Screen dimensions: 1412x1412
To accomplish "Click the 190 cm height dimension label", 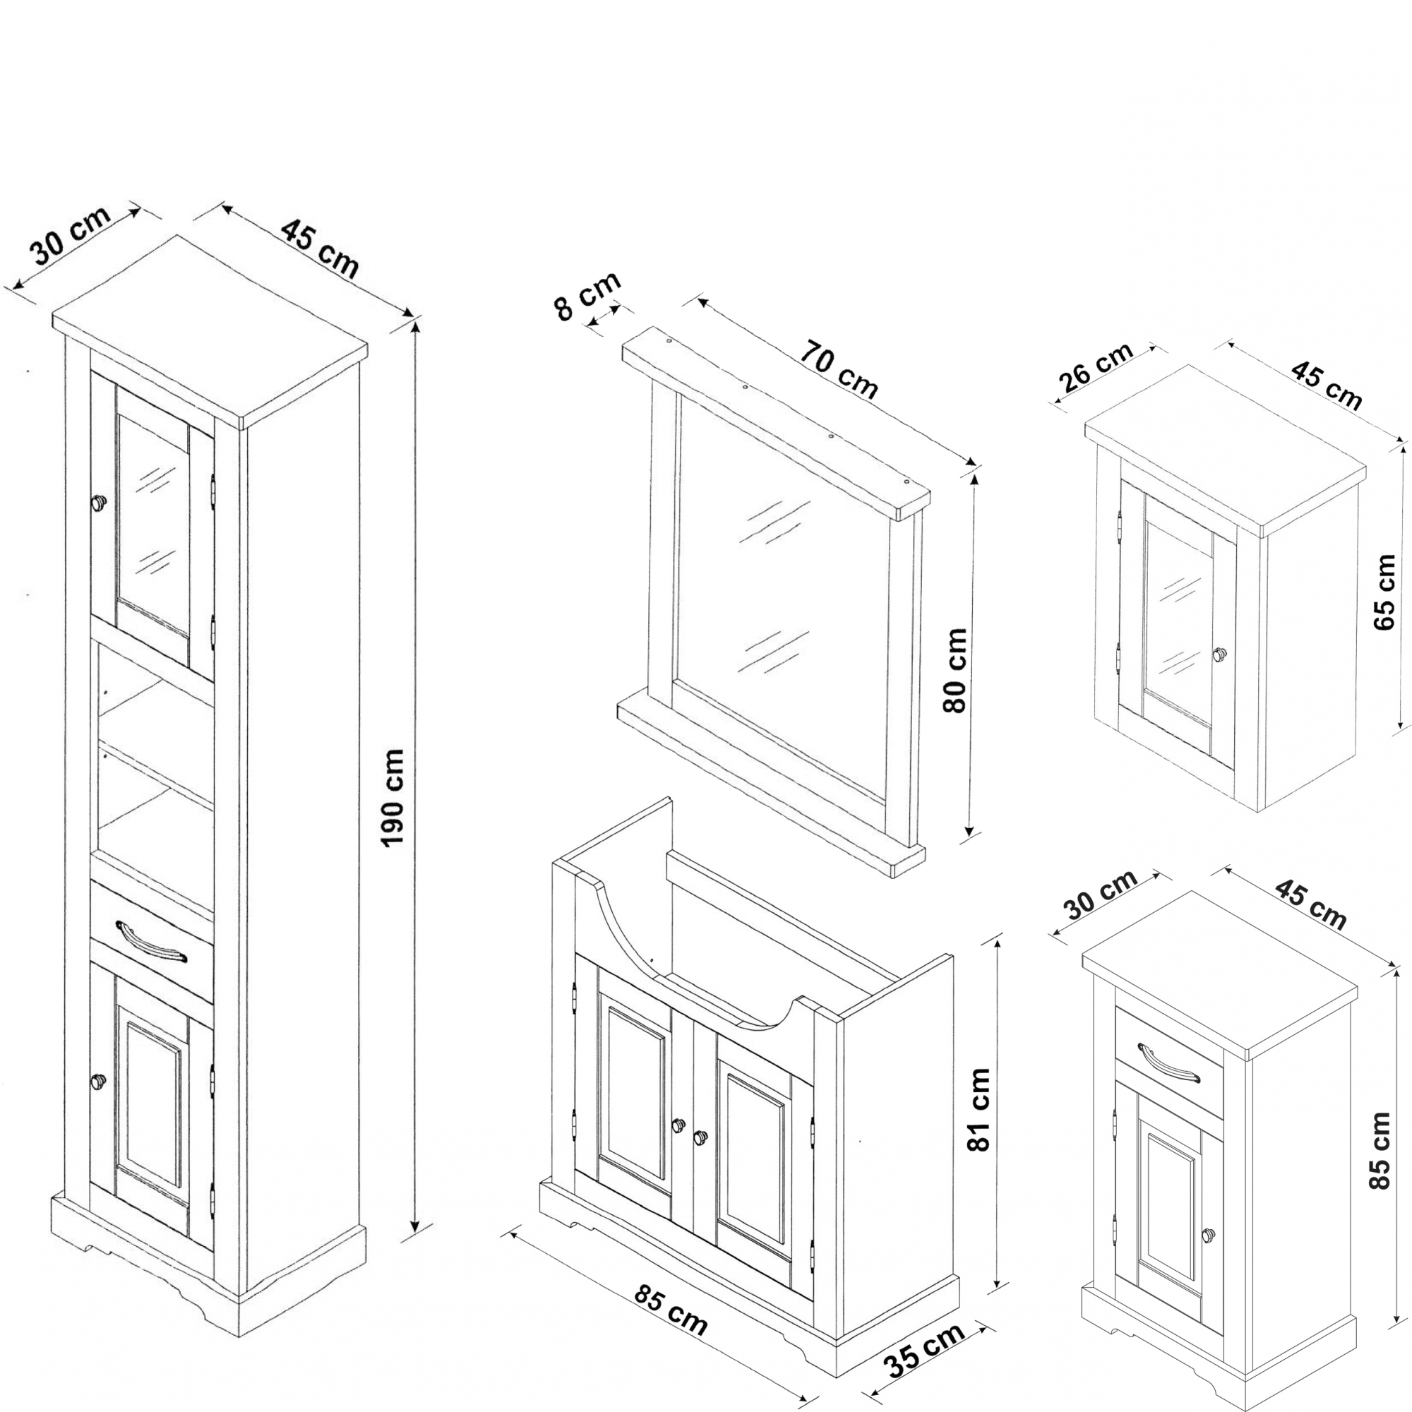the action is pos(393,797).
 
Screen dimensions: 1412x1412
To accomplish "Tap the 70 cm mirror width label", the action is pos(837,371).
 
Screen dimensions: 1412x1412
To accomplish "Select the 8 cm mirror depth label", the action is pos(587,294).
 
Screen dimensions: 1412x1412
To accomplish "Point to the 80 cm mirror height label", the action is pos(955,670).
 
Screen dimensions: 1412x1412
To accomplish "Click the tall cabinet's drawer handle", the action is pos(151,941).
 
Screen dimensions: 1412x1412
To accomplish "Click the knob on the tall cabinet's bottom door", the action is pos(98,1079).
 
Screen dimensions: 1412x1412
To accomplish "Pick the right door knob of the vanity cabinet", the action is pos(701,1137).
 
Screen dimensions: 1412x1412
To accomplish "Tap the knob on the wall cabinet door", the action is pos(1219,655).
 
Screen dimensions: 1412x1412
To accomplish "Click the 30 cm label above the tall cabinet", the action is pos(70,236).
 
